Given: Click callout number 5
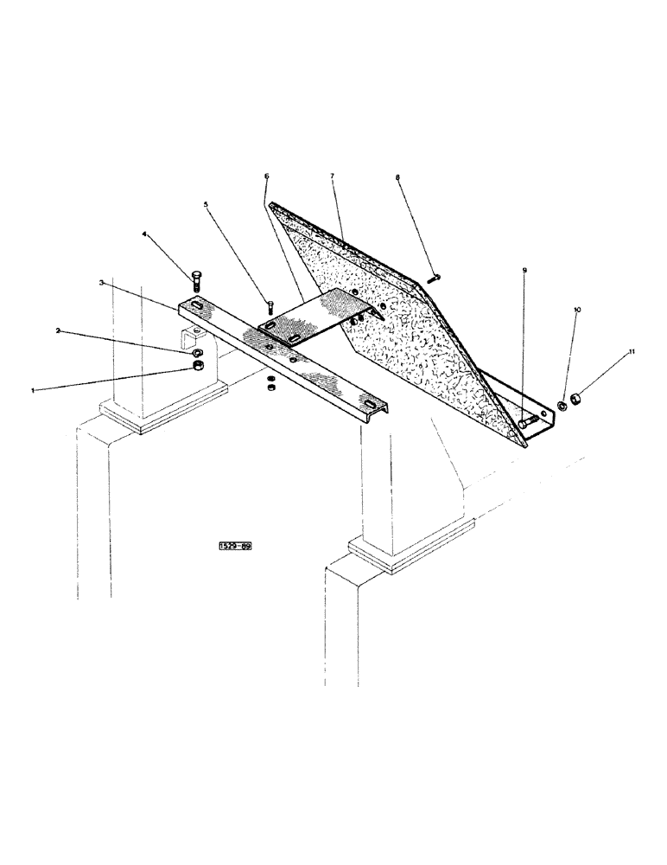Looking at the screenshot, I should pos(206,204).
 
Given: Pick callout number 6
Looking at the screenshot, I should pos(266,176).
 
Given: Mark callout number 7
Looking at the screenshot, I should pos(331,176).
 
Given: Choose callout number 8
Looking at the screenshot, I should pos(397,178).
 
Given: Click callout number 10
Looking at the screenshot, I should pos(576,308).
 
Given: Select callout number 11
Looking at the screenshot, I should pos(632,351).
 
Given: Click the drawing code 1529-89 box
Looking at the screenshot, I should pos(235,547).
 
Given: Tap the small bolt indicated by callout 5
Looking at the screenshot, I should pos(270,306).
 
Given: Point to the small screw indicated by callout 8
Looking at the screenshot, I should pos(434,277).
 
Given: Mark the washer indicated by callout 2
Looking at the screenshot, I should pos(198,353).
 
